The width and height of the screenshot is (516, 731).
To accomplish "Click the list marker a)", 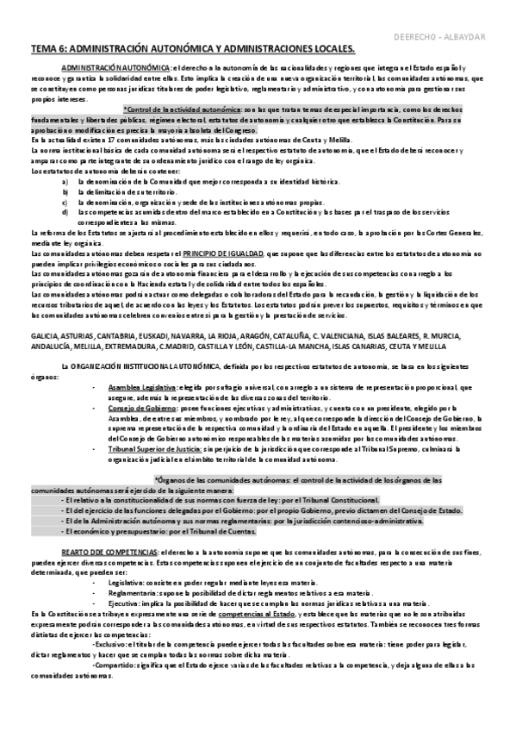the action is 66,183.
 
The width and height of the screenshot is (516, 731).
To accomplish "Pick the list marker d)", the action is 66,210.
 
